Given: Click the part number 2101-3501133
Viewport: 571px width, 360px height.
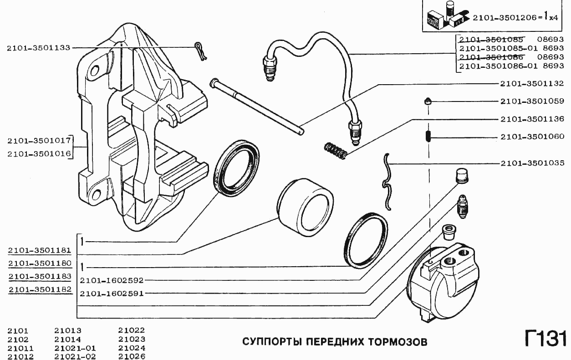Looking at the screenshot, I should pos(39,47).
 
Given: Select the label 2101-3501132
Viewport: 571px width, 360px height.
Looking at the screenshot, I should pos(532,84).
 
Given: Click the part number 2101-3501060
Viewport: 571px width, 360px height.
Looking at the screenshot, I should pos(532,137).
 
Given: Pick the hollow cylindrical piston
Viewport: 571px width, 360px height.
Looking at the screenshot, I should pos(305,207).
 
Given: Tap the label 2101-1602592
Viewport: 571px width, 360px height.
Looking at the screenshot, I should pos(112,280).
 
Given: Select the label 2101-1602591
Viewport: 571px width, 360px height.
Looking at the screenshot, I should pos(112,294).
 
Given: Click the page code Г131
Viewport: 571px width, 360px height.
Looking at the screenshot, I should pos(545,340).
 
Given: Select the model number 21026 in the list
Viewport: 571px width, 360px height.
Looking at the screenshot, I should pos(132,356).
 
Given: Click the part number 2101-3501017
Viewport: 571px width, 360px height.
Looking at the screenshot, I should pos(39,140).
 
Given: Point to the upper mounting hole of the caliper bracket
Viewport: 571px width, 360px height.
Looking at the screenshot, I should pos(95,71).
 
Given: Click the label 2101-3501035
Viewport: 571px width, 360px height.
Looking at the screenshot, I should pos(532,163).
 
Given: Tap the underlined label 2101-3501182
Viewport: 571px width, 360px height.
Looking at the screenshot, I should pos(39,289).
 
